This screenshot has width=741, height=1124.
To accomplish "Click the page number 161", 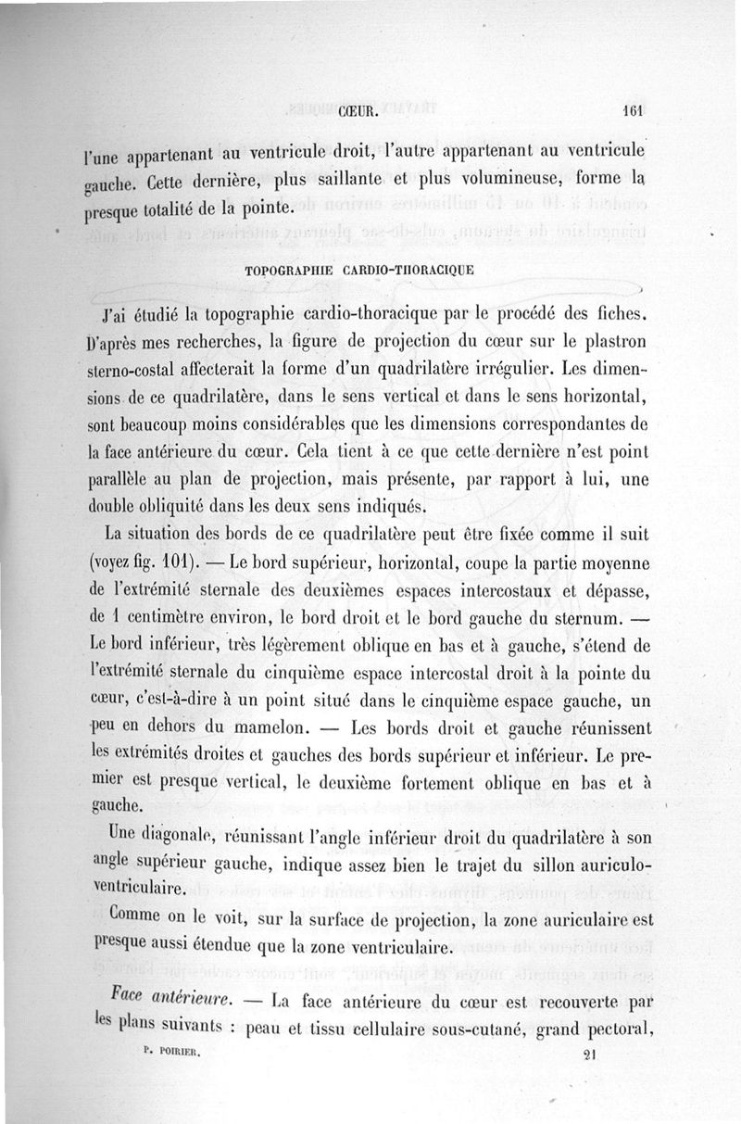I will pos(634,108).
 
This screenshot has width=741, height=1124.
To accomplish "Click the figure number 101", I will pos(174,562).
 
